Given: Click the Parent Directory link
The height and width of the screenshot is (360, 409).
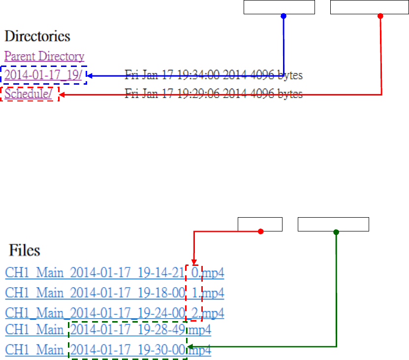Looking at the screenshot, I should click(x=44, y=57).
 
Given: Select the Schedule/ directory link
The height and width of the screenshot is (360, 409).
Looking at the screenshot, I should click(x=29, y=94).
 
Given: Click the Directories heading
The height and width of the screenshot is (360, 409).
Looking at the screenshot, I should click(x=37, y=36).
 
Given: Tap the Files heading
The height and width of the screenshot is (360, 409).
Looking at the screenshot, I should click(x=25, y=250).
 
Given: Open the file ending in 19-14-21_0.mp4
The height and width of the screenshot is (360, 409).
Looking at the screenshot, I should click(x=115, y=272).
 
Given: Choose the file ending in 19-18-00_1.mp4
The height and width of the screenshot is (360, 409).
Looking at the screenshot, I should click(x=115, y=294).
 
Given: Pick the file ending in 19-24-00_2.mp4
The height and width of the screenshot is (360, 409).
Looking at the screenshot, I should click(x=115, y=313).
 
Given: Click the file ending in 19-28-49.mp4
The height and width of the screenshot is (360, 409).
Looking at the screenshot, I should click(x=108, y=329).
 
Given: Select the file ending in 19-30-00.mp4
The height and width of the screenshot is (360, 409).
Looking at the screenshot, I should click(x=108, y=350).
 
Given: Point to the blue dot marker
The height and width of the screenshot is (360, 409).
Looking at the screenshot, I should click(x=283, y=16).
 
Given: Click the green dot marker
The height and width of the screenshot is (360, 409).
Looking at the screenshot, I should click(x=336, y=232).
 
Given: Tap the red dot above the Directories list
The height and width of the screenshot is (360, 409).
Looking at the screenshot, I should click(x=380, y=16).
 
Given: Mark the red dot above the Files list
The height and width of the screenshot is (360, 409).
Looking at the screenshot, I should click(x=261, y=232).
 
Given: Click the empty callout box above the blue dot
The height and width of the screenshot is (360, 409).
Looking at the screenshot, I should click(x=279, y=7).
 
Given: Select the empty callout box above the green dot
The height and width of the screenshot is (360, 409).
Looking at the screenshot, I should click(x=333, y=224).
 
